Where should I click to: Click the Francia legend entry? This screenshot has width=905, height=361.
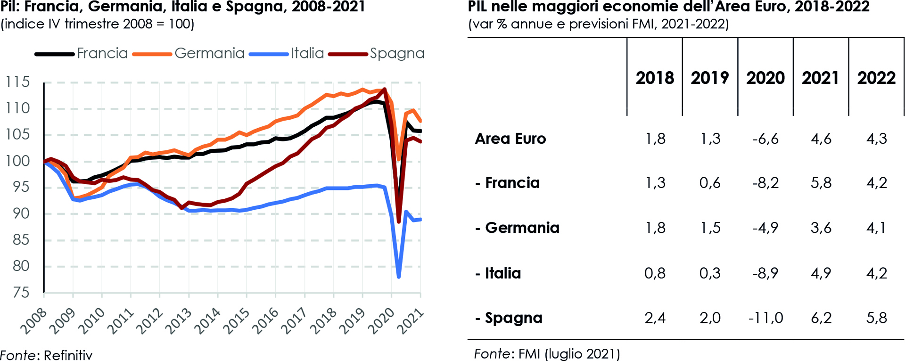pos(102,53)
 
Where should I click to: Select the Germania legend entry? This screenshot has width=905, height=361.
pos(209,53)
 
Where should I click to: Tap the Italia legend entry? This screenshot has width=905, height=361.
pos(307,53)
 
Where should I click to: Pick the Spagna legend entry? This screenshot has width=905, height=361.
pos(397,54)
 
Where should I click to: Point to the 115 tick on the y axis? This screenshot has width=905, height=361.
pos(17,82)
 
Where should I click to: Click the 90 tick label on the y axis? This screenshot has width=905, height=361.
pos(21,213)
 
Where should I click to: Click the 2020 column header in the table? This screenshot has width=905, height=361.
pos(765,78)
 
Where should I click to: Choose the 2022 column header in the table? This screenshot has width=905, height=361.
pos(876,78)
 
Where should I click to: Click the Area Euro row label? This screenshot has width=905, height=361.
pos(510,139)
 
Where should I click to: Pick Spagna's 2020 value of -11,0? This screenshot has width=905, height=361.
pos(765,318)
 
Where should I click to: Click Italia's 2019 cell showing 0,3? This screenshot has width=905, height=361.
pos(710,273)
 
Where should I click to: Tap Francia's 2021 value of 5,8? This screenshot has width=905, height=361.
pos(821,183)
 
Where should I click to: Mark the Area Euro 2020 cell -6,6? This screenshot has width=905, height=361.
pos(765,139)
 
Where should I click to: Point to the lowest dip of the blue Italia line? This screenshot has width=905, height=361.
pos(399,277)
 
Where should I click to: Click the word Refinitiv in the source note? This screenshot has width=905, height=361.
pos(68,355)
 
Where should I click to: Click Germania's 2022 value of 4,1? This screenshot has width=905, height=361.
pos(876,228)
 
